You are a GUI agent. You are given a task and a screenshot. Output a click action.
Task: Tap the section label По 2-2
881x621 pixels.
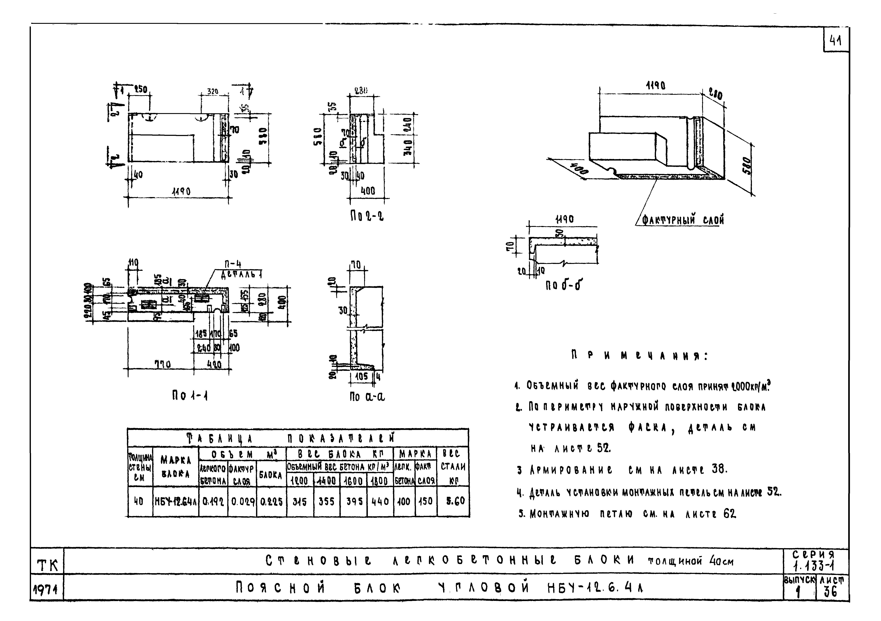[x=366, y=217]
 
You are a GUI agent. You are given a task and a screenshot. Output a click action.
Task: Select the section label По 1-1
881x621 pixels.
[x=190, y=396]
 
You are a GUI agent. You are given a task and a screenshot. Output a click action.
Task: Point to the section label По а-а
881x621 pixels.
[x=367, y=396]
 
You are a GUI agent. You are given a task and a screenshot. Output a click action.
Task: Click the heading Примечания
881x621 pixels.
[x=639, y=356]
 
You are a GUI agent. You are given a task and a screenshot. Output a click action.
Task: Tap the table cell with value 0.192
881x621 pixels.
[x=213, y=501]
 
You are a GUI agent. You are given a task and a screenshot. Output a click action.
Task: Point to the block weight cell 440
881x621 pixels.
[x=380, y=501]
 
